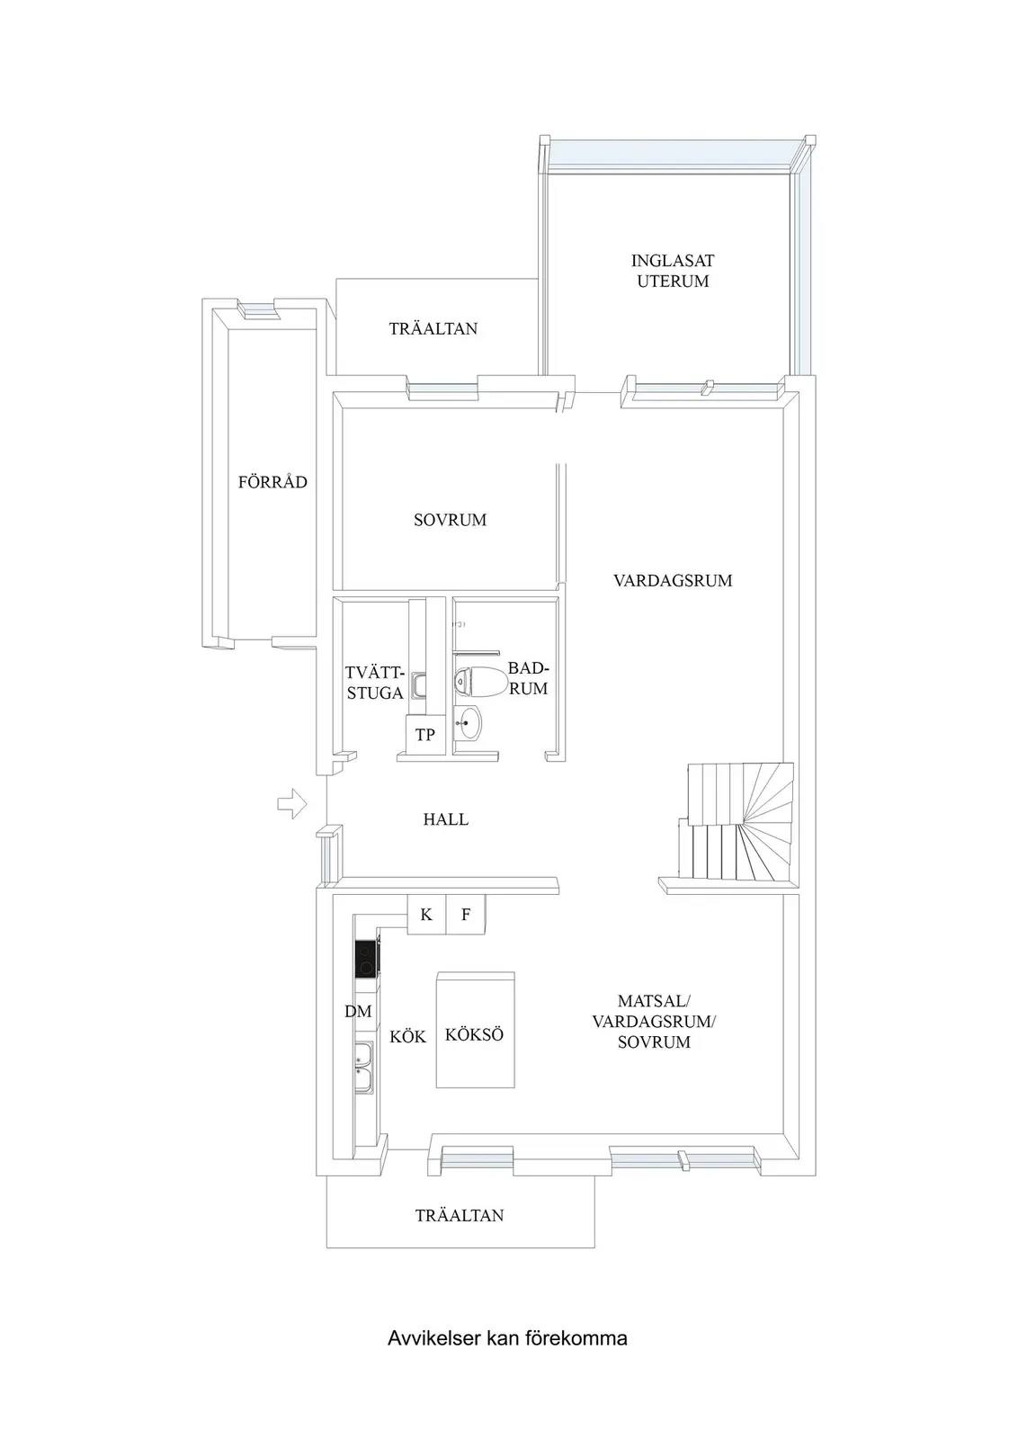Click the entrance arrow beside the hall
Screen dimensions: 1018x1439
(x=292, y=803)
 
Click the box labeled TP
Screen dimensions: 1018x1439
(x=425, y=734)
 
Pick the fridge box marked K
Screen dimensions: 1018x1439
(x=426, y=914)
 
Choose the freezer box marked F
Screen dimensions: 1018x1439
(x=466, y=914)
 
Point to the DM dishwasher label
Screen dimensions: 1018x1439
(x=359, y=1011)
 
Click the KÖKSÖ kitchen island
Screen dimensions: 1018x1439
(x=476, y=1030)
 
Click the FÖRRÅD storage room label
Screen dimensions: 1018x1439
(x=273, y=482)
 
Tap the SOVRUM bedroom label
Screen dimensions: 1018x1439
(x=451, y=520)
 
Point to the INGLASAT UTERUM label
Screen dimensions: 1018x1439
(x=673, y=271)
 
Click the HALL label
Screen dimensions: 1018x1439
(x=446, y=819)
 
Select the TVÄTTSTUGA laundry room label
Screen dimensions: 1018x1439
(x=375, y=683)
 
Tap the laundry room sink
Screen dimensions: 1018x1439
(x=419, y=685)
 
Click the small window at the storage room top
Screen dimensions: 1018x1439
(x=258, y=309)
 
